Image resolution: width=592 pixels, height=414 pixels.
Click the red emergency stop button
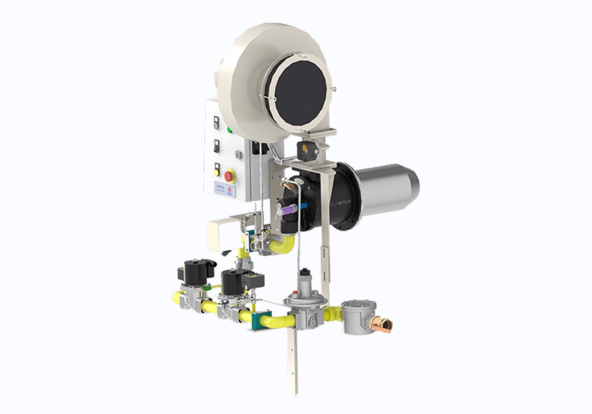coord(229,176)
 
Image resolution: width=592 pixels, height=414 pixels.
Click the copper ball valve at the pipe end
coord(380,325)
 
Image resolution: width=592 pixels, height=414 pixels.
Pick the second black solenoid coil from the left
coord(235,281)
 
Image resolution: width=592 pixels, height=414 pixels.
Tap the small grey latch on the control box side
coord(238,154)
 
